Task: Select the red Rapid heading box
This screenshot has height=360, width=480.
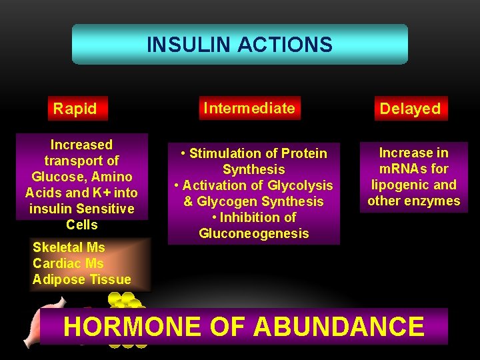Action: (x=75, y=108)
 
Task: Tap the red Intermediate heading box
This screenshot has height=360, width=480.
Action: (x=249, y=107)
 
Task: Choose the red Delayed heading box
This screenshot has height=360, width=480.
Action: (x=410, y=109)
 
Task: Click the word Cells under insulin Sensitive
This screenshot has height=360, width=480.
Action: (x=82, y=225)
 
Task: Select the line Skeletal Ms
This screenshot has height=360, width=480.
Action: (x=69, y=247)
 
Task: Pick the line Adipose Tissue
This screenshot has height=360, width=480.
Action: (x=82, y=279)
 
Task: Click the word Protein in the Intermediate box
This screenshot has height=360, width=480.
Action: (x=303, y=153)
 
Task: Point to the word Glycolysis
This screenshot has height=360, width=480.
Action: (x=299, y=185)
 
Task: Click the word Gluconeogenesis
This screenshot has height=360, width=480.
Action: (x=254, y=233)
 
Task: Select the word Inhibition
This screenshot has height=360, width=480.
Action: (x=251, y=217)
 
